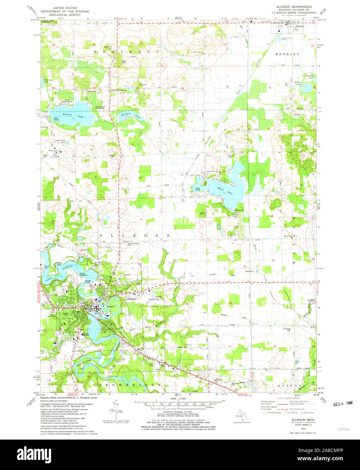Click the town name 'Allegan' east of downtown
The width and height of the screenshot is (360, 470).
pyautogui.click(x=132, y=299)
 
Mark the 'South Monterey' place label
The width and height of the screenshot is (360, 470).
pyautogui.click(x=118, y=90)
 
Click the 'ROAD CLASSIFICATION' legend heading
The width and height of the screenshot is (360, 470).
pyautogui.click(x=287, y=399)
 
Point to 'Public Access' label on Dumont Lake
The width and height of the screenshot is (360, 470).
pyautogui.click(x=56, y=119)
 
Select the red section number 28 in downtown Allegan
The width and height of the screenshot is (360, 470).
pyautogui.click(x=96, y=313)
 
